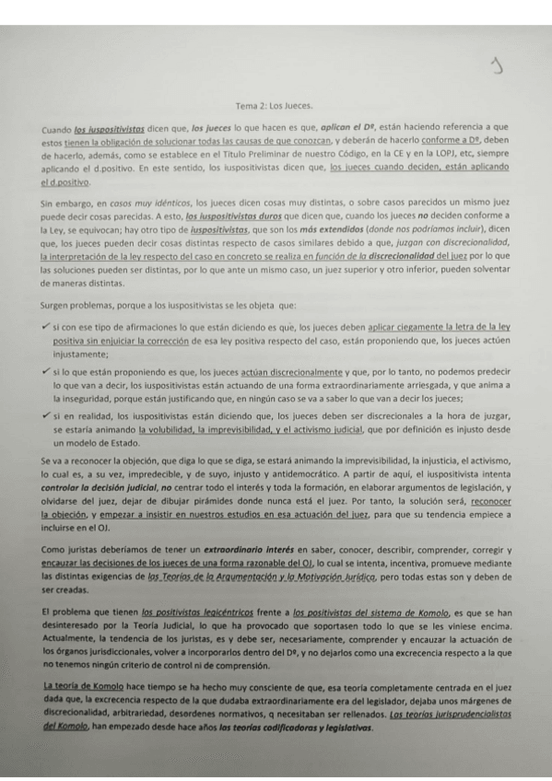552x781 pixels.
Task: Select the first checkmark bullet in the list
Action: (45, 326)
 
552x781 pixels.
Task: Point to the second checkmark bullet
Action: (45, 368)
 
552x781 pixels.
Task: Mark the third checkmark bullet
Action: (45, 415)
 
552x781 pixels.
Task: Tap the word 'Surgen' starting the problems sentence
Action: (58, 304)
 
